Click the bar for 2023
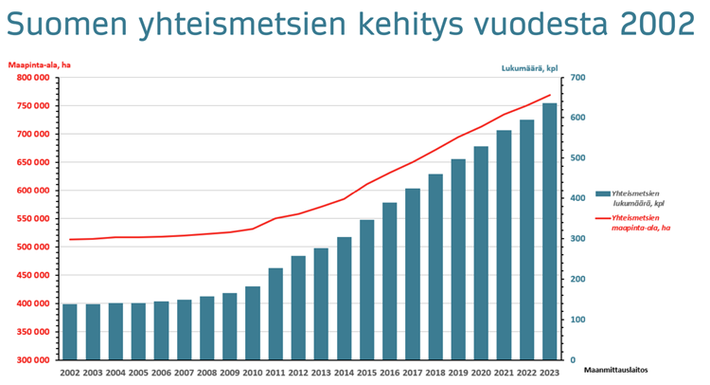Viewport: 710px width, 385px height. pyautogui.click(x=549, y=231)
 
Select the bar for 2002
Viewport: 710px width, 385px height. pyautogui.click(x=69, y=332)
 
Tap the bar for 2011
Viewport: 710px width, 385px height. pyautogui.click(x=275, y=314)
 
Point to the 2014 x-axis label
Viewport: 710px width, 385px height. pyautogui.click(x=344, y=373)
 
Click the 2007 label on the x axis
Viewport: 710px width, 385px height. pyautogui.click(x=184, y=373)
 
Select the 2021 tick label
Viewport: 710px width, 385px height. pyautogui.click(x=504, y=373)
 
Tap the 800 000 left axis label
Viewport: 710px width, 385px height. pyautogui.click(x=31, y=78)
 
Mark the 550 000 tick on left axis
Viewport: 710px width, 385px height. pyautogui.click(x=31, y=219)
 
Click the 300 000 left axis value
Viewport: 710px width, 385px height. pyautogui.click(x=31, y=360)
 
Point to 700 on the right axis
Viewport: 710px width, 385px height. pyautogui.click(x=578, y=78)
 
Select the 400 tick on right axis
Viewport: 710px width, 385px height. pyautogui.click(x=578, y=199)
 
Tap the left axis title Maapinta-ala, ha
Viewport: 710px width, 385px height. pyautogui.click(x=40, y=64)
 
